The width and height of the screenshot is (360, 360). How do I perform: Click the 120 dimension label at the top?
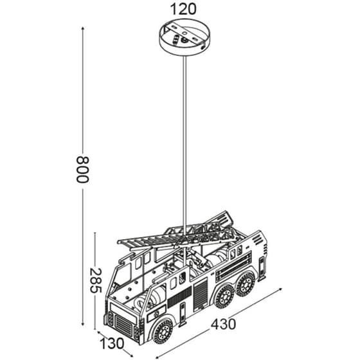click(183, 9)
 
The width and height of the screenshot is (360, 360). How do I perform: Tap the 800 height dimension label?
click(82, 170)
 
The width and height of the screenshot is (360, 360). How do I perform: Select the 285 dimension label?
click(96, 280)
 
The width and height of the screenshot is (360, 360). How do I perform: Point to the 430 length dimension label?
click(223, 325)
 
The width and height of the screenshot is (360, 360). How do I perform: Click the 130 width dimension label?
click(112, 344)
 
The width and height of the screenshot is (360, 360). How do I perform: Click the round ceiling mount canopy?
click(184, 37)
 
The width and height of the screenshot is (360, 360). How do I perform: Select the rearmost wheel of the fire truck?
click(246, 283)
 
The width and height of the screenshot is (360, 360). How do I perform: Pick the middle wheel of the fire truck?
click(224, 297)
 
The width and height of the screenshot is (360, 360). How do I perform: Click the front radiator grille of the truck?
click(123, 325)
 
